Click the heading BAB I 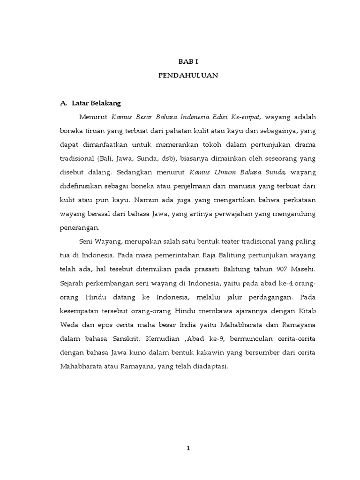(187, 61)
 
